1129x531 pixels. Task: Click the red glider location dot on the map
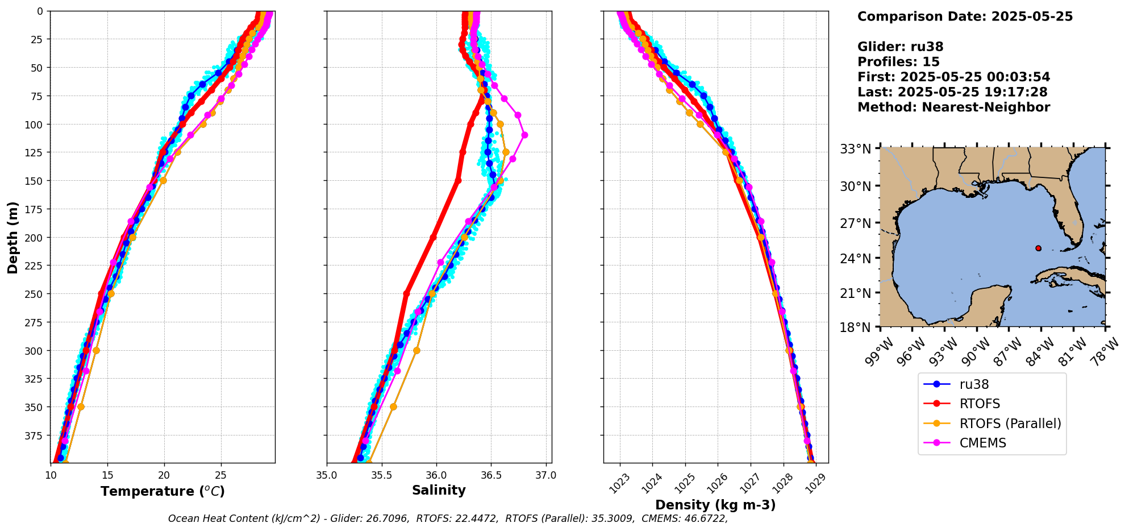tap(1038, 248)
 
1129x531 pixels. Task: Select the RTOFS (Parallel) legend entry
tap(1010, 424)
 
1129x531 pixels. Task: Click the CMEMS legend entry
tap(982, 443)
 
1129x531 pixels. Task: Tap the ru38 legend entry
tap(974, 384)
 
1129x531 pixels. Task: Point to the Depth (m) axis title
tap(13, 237)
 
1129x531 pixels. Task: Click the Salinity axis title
tap(439, 491)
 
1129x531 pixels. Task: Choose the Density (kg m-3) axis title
tap(715, 505)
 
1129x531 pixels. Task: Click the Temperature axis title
tap(163, 491)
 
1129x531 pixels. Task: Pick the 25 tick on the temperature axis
tap(220, 475)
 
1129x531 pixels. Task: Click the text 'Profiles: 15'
tap(898, 62)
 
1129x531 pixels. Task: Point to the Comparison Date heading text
tap(965, 16)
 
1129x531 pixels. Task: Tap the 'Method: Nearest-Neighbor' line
tap(953, 107)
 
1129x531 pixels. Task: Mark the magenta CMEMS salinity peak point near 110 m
tap(524, 135)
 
